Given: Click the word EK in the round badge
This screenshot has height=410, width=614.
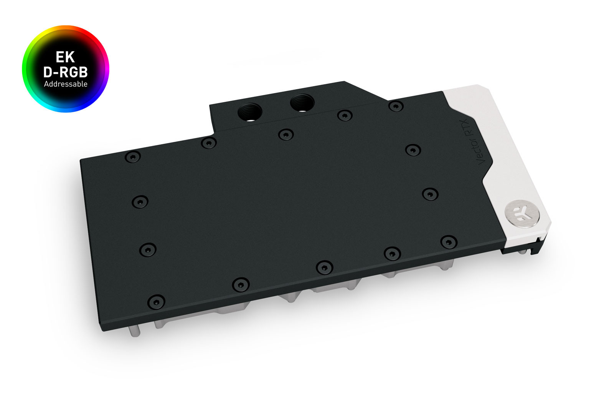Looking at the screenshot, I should click(65, 57).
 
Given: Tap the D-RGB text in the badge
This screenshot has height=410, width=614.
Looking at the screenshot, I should click(65, 72).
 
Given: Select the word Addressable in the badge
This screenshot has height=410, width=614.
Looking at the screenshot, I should click(66, 84).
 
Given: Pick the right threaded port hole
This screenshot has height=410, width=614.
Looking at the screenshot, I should click(302, 103).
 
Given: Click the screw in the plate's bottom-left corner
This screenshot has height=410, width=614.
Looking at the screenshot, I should click(156, 302).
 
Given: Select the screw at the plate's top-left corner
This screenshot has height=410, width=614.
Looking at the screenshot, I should click(133, 157).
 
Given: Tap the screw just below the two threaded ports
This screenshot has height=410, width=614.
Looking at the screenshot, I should click(286, 134).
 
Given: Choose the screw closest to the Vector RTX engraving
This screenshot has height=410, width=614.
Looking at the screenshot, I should click(413, 150).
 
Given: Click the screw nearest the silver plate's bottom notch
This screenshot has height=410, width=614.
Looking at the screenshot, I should click(448, 242).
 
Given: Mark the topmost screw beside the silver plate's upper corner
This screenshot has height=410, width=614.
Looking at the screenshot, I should click(396, 106).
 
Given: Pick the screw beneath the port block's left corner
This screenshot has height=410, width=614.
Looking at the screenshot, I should click(208, 143).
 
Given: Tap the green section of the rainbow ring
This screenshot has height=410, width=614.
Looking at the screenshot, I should click(26, 69).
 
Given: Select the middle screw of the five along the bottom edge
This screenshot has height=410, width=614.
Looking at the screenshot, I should click(324, 267).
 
